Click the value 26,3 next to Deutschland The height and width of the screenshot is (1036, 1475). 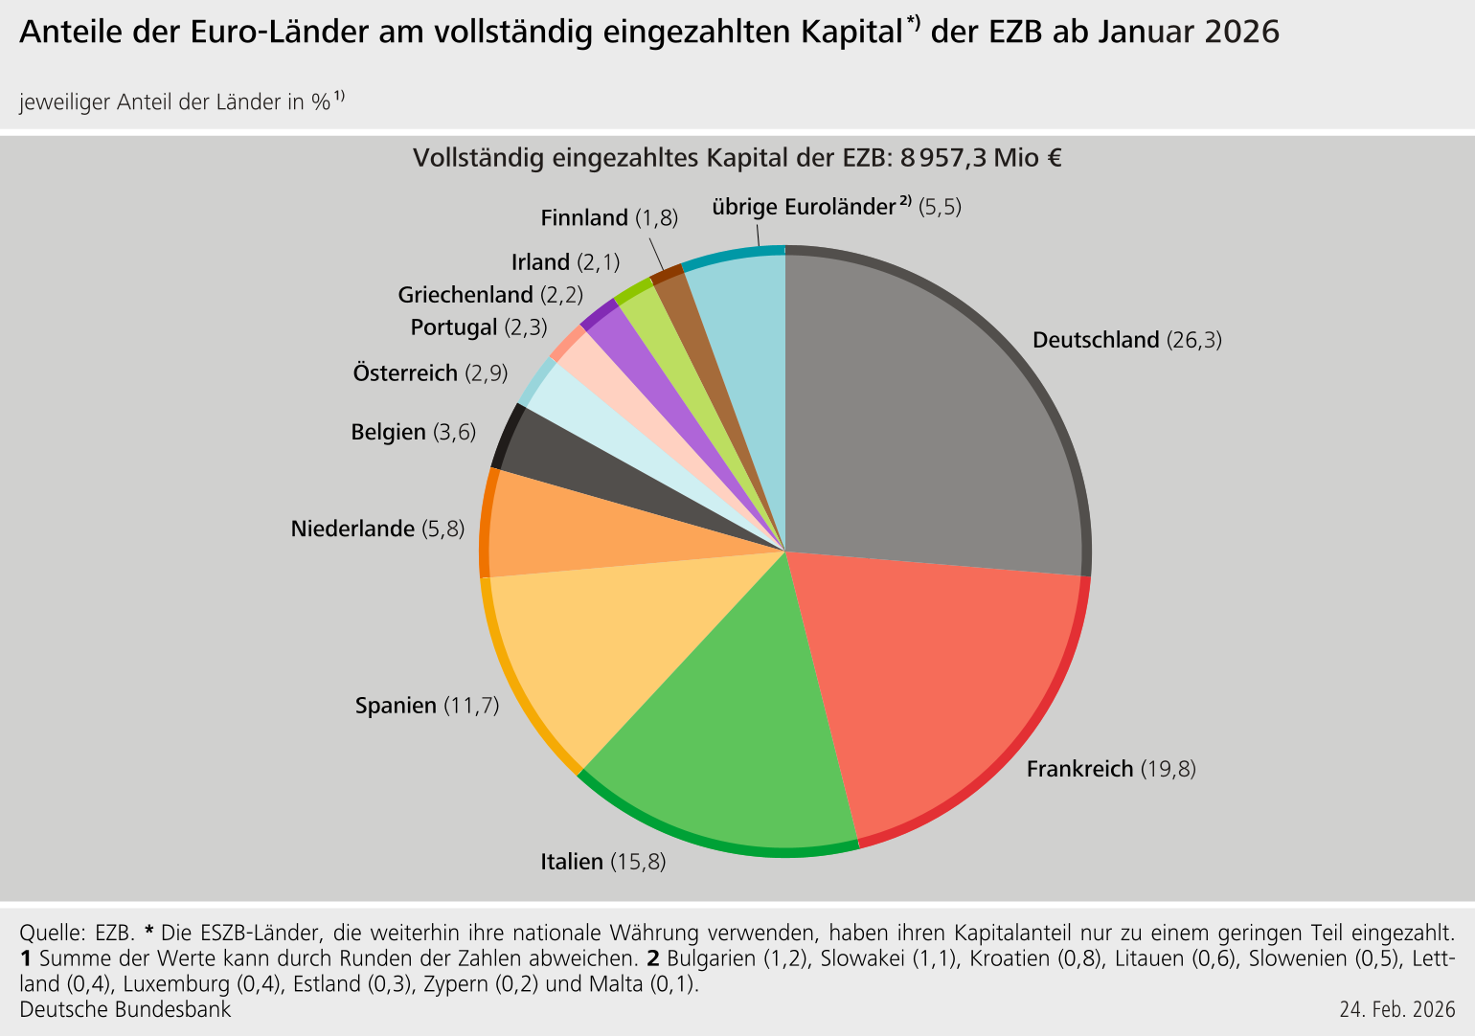1194,340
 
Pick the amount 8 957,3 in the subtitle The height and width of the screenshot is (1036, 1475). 942,157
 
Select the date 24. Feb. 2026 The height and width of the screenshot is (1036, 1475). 1397,1009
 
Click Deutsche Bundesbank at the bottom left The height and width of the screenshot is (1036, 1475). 125,1009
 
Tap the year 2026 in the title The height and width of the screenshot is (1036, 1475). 1241,32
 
